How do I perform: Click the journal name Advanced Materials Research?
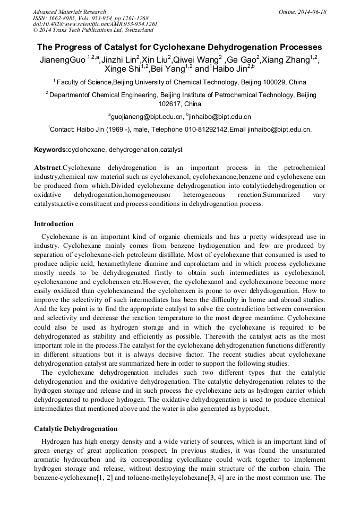(x=69, y=12)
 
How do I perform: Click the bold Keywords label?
(x=51, y=150)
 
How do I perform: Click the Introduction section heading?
(x=54, y=224)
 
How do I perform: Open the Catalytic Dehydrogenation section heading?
(x=75, y=428)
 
